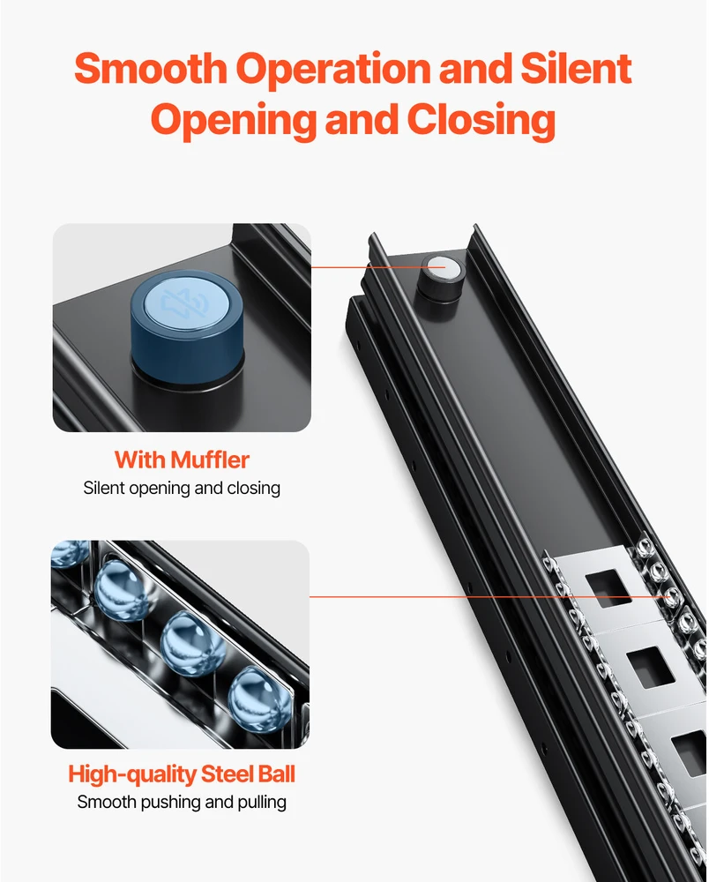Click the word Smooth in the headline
coord(150,68)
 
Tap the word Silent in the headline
coord(576,68)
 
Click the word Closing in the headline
coord(481,121)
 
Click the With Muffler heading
coord(182,460)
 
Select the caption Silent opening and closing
coord(182,489)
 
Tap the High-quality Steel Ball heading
coord(182,774)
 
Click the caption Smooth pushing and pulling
coord(182,802)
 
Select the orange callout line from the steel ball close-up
coord(489,597)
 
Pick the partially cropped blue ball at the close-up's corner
coord(70,553)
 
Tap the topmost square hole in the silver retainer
coord(609,588)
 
